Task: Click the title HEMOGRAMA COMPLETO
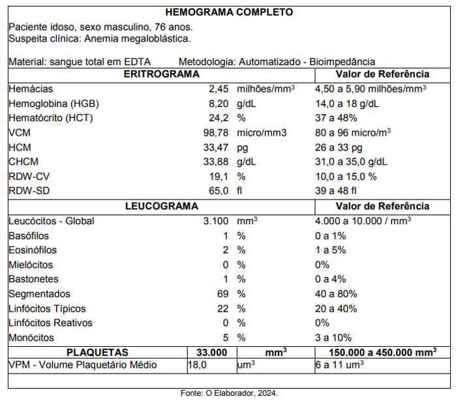pos(229,12)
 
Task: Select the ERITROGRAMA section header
pos(161,74)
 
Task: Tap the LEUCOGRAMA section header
pos(161,206)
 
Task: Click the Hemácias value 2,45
pos(218,89)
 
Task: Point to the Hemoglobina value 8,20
pos(218,104)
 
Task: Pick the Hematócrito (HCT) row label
pos(51,118)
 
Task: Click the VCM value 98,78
pos(215,133)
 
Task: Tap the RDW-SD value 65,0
pos(217,191)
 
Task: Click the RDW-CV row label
pos(30,177)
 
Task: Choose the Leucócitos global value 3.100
pos(215,221)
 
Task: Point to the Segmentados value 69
pos(222,294)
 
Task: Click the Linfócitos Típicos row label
pos(47,308)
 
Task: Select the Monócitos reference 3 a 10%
pos(333,338)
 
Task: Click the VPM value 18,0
pos(197,365)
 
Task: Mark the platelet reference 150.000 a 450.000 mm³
pos(382,352)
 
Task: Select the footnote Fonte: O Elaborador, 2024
pos(229,393)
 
